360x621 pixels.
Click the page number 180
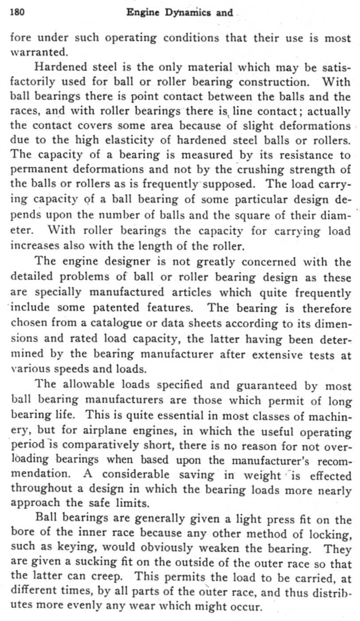[x=16, y=12]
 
